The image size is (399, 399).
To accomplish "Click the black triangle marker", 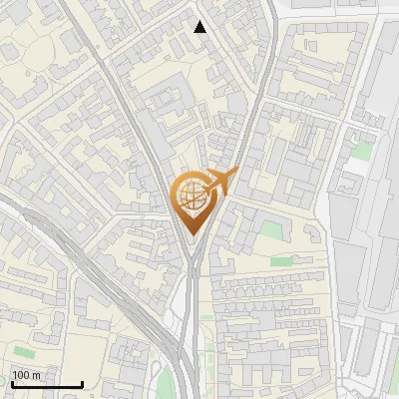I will point(200,27).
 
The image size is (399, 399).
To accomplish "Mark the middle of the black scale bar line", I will point(46,385).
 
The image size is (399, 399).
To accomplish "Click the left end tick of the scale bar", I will point(11,383).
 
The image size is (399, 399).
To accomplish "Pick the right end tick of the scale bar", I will point(82,383).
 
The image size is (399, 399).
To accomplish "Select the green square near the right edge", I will point(363,151).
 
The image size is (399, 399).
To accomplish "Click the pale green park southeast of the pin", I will point(270,231).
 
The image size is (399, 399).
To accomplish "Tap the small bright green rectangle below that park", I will point(281,260).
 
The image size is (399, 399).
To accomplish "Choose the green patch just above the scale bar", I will point(24,352).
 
